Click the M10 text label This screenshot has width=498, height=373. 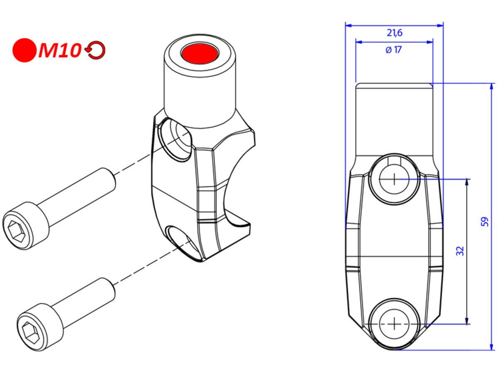coord(60,51)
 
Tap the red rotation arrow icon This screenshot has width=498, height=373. coord(96,51)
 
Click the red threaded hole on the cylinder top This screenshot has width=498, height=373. coord(200,53)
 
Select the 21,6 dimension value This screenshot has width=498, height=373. coord(394,33)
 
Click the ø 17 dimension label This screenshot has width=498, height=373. coord(393,50)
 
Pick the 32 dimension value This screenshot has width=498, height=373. coord(460,250)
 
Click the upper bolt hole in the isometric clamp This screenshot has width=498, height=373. coord(176,139)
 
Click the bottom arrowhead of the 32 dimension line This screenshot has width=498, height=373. coord(467,320)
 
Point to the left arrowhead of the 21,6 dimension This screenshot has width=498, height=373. coord(349,25)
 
